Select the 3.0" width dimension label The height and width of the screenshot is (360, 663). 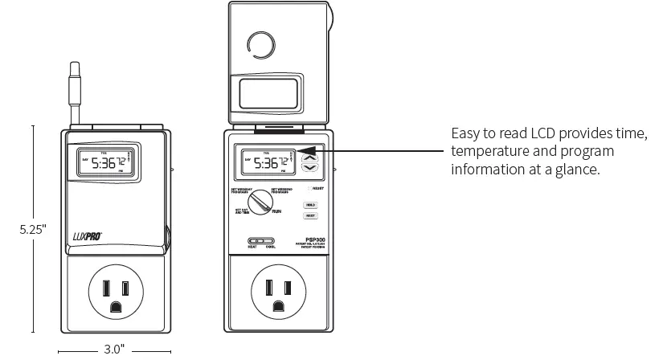tap(114, 350)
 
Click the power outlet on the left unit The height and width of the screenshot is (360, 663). tap(114, 292)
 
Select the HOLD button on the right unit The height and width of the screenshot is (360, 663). tap(310, 205)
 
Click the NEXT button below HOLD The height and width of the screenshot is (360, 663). tap(310, 216)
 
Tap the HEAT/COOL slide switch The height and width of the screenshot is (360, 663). tap(261, 240)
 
